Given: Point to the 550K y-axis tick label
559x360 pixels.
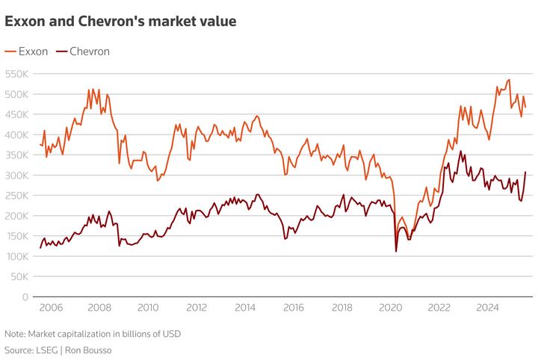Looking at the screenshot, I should click(16, 74).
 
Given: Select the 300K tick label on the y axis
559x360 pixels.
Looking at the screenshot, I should click(16, 176).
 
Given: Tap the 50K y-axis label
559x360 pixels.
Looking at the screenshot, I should click(18, 276).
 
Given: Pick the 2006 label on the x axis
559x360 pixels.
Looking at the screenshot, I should click(50, 307).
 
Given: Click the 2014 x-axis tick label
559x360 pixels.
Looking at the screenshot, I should click(244, 307).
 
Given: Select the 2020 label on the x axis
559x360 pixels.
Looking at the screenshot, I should click(390, 307).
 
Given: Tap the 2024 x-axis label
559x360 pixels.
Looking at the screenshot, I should click(487, 307).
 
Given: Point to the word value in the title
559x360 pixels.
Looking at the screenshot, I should click(218, 22).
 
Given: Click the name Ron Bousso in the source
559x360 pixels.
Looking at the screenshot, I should click(94, 350).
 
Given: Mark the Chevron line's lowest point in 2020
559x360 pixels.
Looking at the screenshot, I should click(396, 251).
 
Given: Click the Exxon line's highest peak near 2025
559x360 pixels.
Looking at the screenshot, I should click(509, 80).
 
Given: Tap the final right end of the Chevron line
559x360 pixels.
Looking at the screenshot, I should click(525, 173).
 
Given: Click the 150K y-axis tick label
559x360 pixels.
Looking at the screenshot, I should click(16, 236).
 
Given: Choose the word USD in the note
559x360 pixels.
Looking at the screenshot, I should click(170, 334).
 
